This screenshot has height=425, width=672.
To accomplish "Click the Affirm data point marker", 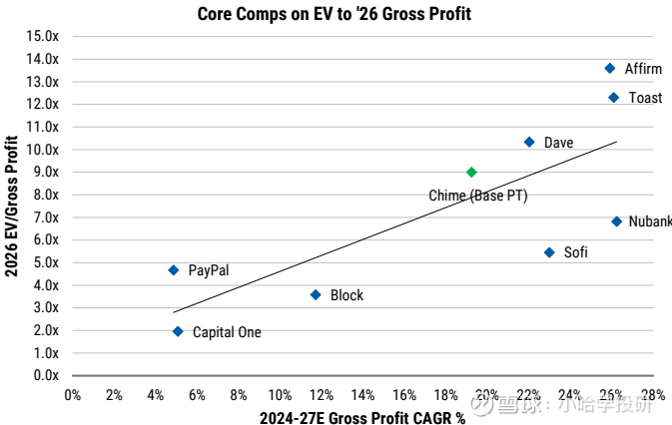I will [x=610, y=69].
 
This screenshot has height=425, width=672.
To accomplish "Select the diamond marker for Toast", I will [x=613, y=98].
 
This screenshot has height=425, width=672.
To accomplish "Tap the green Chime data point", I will [x=471, y=173].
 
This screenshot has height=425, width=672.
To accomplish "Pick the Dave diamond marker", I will [x=529, y=143].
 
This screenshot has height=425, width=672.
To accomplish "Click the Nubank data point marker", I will [x=616, y=221].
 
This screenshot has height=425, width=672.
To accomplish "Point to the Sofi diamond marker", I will [x=549, y=252].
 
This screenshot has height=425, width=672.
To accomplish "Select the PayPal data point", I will [x=174, y=270].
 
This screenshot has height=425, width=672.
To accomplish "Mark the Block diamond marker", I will [x=316, y=295].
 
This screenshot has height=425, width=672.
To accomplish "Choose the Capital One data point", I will [x=178, y=332].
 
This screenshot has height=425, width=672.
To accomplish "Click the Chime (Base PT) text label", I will [x=477, y=196].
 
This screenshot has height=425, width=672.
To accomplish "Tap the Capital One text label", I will [x=227, y=332].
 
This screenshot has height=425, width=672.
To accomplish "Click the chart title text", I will [x=335, y=14].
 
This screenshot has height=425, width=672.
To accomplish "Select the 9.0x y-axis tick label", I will [x=46, y=172].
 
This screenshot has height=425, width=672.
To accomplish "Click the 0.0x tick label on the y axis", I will [x=46, y=375].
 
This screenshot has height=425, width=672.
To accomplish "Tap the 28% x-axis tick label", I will [x=653, y=395].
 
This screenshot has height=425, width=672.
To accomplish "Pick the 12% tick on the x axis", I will [x=322, y=395].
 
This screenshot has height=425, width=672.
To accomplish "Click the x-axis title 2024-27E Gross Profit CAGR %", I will [x=362, y=417].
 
